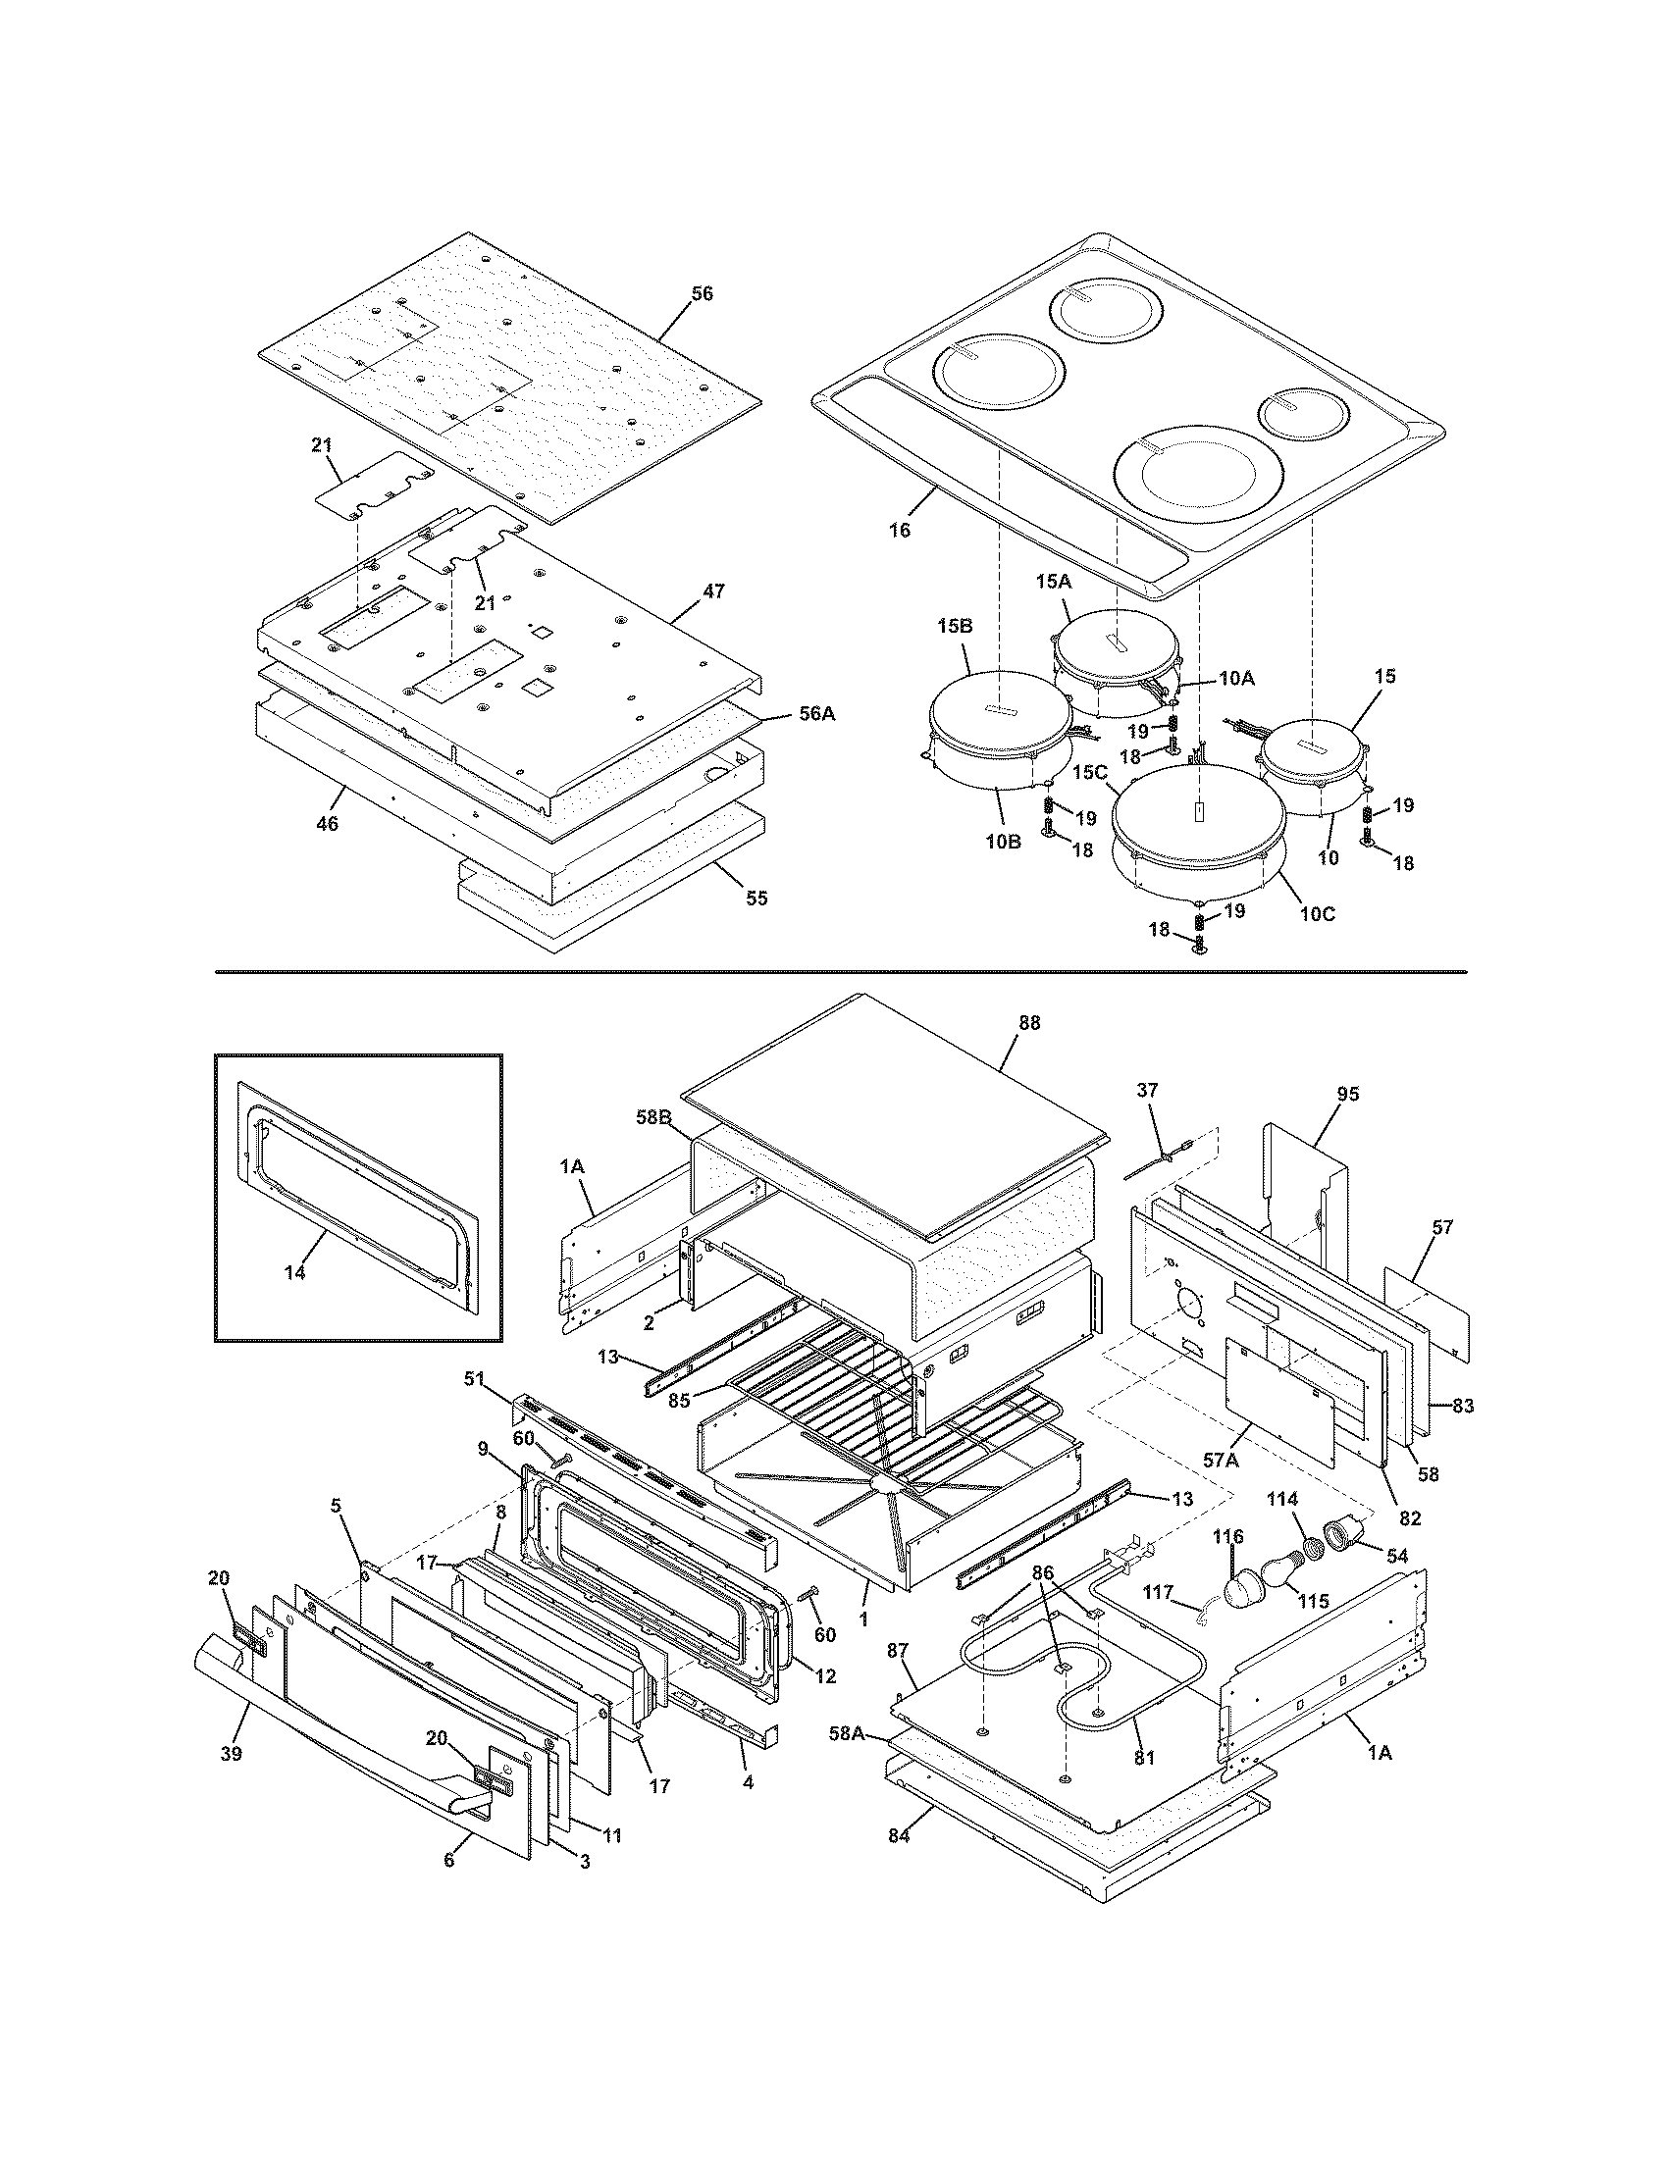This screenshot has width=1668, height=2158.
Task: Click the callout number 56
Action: pos(701,293)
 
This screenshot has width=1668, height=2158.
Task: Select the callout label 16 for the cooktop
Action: pos(899,530)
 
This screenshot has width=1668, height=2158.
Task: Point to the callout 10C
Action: pos(1317,914)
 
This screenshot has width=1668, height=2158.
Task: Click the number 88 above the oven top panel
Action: pos(1029,1024)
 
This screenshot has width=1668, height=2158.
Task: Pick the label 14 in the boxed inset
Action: pos(294,1272)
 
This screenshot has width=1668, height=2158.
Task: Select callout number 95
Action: pos(1348,1094)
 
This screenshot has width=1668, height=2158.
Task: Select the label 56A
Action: pos(816,713)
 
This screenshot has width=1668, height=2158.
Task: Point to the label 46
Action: pos(327,823)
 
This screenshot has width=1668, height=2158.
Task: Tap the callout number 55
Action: pos(756,899)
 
